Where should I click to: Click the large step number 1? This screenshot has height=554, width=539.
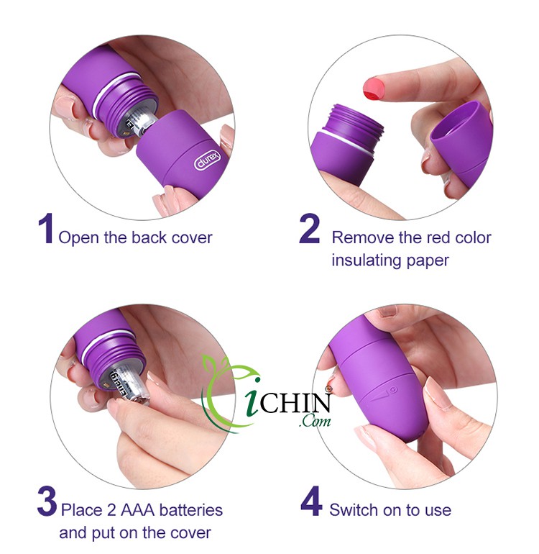pyautogui.click(x=46, y=228)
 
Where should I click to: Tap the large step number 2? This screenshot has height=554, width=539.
pyautogui.click(x=310, y=228)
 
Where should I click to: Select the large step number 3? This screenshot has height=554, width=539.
pyautogui.click(x=47, y=501)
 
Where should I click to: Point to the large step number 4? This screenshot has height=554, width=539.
pyautogui.click(x=311, y=501)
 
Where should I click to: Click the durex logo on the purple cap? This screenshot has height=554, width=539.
pyautogui.click(x=208, y=160)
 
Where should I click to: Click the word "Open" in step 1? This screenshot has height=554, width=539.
pyautogui.click(x=78, y=237)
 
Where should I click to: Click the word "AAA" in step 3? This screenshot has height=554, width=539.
pyautogui.click(x=138, y=510)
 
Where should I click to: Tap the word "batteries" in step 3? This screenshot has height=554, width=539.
pyautogui.click(x=191, y=510)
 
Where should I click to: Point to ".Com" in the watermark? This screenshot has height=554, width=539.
pyautogui.click(x=315, y=421)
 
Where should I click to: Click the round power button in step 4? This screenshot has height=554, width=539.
pyautogui.click(x=393, y=390)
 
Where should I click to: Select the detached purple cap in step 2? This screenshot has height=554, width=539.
pyautogui.click(x=461, y=140)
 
